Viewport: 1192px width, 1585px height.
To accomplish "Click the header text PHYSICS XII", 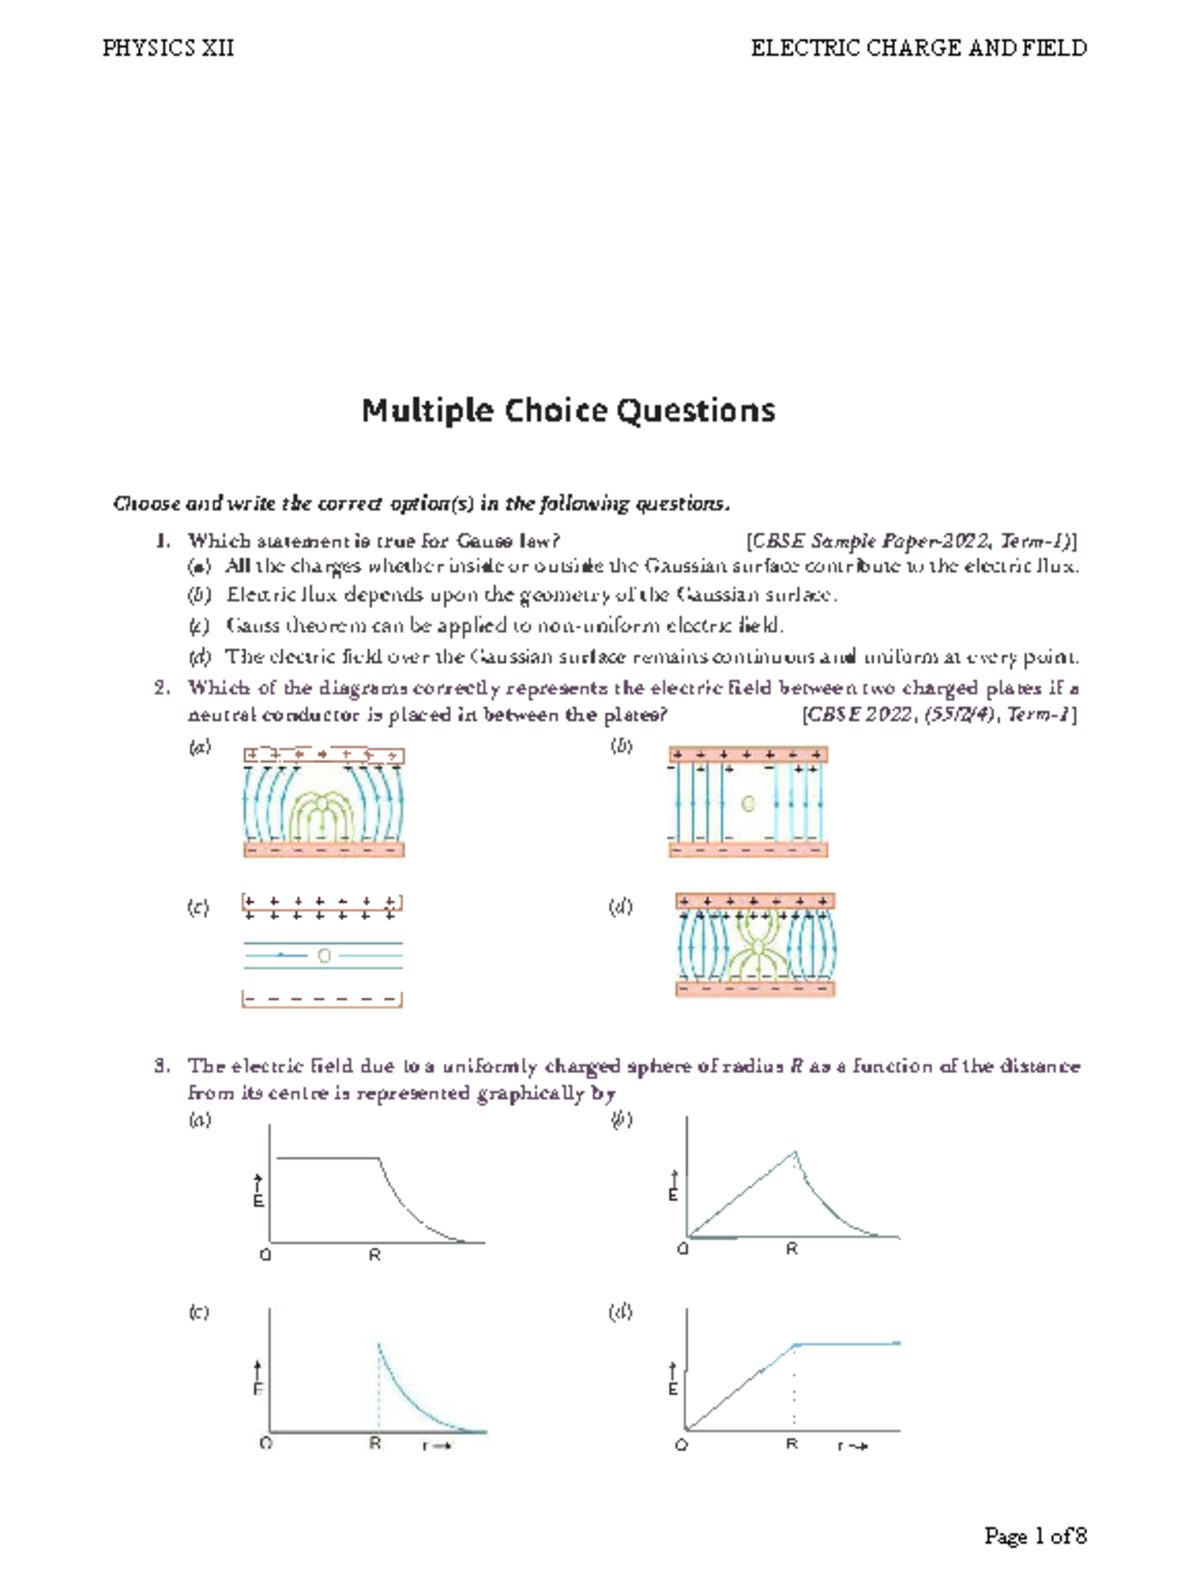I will click(168, 48).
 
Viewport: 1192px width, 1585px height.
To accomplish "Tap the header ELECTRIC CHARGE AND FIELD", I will click(918, 48).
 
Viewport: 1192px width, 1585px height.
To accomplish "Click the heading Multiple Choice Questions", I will click(568, 410).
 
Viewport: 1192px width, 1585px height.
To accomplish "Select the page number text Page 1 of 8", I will click(1035, 1535).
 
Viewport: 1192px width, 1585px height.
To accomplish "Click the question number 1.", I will click(162, 541).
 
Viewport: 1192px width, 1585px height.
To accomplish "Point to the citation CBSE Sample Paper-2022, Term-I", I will click(910, 541).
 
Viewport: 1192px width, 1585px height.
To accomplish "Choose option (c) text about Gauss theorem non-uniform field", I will click(505, 625).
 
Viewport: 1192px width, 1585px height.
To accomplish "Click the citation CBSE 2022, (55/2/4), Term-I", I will click(939, 713).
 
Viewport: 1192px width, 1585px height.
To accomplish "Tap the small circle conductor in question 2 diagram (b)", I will click(748, 803).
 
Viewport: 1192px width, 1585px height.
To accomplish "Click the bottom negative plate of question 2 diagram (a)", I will click(324, 850).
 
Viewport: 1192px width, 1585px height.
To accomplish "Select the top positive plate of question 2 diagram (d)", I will click(755, 901).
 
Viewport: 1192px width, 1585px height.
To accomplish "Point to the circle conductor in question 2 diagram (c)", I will click(324, 955).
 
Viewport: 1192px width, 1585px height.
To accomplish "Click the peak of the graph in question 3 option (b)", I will click(795, 1153).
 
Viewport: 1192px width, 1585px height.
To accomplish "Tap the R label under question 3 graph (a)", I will click(374, 1255).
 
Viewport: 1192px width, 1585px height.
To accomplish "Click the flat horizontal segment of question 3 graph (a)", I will click(328, 1158).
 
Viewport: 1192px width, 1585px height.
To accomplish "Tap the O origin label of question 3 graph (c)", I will click(265, 1443).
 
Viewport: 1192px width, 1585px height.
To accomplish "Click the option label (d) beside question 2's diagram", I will click(620, 906).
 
